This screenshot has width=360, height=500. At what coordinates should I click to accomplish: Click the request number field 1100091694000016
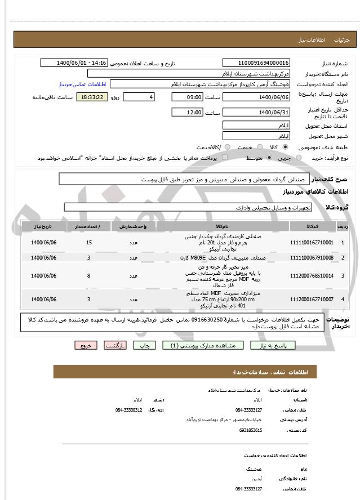tap(256, 62)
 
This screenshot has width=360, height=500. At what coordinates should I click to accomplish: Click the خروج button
tap(86, 345)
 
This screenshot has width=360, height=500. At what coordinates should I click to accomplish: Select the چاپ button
tap(144, 345)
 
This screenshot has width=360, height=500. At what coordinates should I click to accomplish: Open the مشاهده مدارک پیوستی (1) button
tap(203, 345)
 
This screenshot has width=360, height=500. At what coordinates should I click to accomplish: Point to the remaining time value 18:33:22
tap(92, 97)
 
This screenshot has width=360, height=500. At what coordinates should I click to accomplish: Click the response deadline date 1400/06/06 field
tap(256, 97)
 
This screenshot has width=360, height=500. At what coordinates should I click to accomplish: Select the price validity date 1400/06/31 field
tap(256, 113)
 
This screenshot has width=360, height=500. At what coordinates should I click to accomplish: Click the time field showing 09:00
tap(187, 97)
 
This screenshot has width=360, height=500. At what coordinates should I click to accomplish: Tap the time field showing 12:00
tap(187, 113)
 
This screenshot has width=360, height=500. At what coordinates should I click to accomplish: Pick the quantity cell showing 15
tap(89, 242)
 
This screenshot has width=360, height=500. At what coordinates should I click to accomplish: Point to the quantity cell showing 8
tap(89, 275)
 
